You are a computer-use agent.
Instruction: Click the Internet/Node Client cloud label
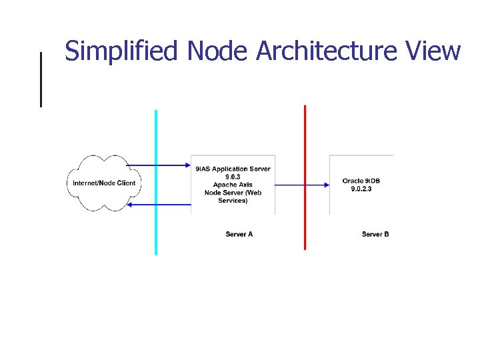pyautogui.click(x=103, y=183)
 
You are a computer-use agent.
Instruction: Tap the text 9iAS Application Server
pyautogui.click(x=233, y=169)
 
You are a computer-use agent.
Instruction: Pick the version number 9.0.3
pyautogui.click(x=233, y=177)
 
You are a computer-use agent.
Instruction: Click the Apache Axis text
pyautogui.click(x=233, y=185)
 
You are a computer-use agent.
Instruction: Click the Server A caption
pyautogui.click(x=239, y=234)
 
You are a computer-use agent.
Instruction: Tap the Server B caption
pyautogui.click(x=375, y=234)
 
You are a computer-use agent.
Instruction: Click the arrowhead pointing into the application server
pyautogui.click(x=187, y=165)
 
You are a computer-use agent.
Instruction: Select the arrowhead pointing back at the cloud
pyautogui.click(x=130, y=205)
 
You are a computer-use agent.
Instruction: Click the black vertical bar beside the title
pyautogui.click(x=41, y=79)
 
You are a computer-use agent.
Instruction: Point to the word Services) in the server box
pyautogui.click(x=233, y=201)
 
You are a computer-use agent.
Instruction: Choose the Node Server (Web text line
pyautogui.click(x=233, y=193)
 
